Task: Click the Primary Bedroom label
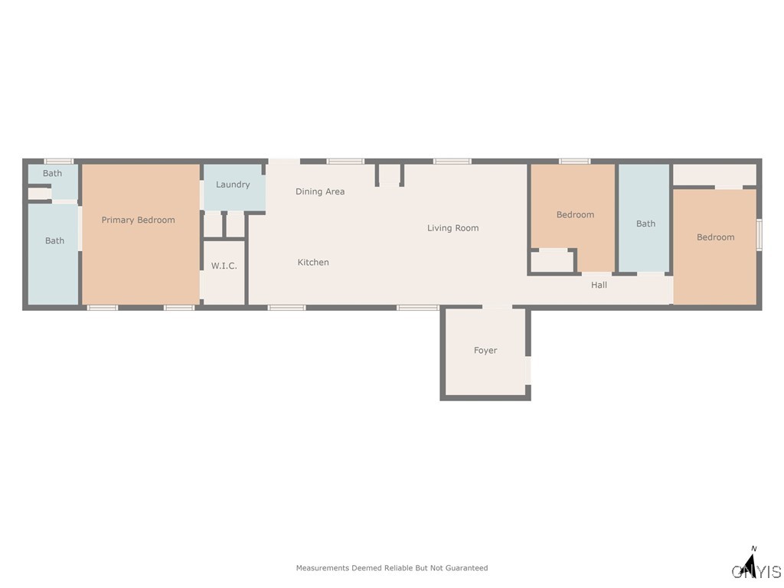tap(138, 220)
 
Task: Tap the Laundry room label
tap(233, 185)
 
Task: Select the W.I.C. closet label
tap(224, 266)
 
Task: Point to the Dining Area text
tap(320, 192)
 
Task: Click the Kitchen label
tap(313, 263)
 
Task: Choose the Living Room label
tap(452, 228)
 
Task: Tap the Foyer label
tap(485, 351)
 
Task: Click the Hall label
tap(599, 285)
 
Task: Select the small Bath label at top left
tap(52, 174)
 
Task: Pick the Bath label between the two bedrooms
tap(645, 224)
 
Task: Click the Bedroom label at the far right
tap(715, 237)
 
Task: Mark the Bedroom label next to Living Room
tap(575, 215)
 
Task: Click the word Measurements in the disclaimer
tap(322, 568)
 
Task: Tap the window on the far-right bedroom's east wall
tap(759, 235)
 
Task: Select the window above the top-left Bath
tap(58, 161)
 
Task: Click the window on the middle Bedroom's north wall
tap(574, 161)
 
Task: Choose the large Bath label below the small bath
tap(54, 241)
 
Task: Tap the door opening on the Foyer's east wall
tap(528, 371)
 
